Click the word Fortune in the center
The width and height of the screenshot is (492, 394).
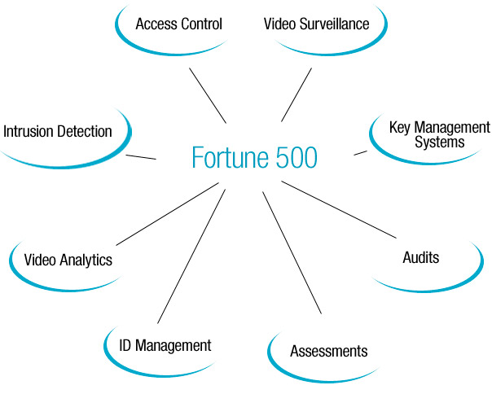click(x=231, y=156)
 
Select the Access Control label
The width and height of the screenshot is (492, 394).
click(x=178, y=24)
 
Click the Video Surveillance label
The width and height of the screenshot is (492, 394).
click(x=316, y=24)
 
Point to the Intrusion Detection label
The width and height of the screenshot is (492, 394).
click(x=58, y=131)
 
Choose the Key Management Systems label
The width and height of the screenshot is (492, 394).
click(x=440, y=134)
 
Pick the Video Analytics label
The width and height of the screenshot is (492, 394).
click(x=68, y=260)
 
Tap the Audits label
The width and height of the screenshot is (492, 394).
click(x=421, y=258)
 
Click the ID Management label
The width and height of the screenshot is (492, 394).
click(x=160, y=346)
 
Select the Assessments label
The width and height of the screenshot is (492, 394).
click(x=329, y=352)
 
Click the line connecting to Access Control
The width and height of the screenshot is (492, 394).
click(x=208, y=94)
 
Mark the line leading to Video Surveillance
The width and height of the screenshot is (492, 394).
click(x=297, y=94)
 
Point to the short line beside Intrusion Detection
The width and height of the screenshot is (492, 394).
click(x=142, y=155)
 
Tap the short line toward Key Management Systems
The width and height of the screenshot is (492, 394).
click(x=360, y=152)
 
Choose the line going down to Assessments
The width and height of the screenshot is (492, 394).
click(x=292, y=252)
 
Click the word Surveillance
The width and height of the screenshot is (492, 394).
click(x=336, y=24)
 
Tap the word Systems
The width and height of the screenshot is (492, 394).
click(x=439, y=142)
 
